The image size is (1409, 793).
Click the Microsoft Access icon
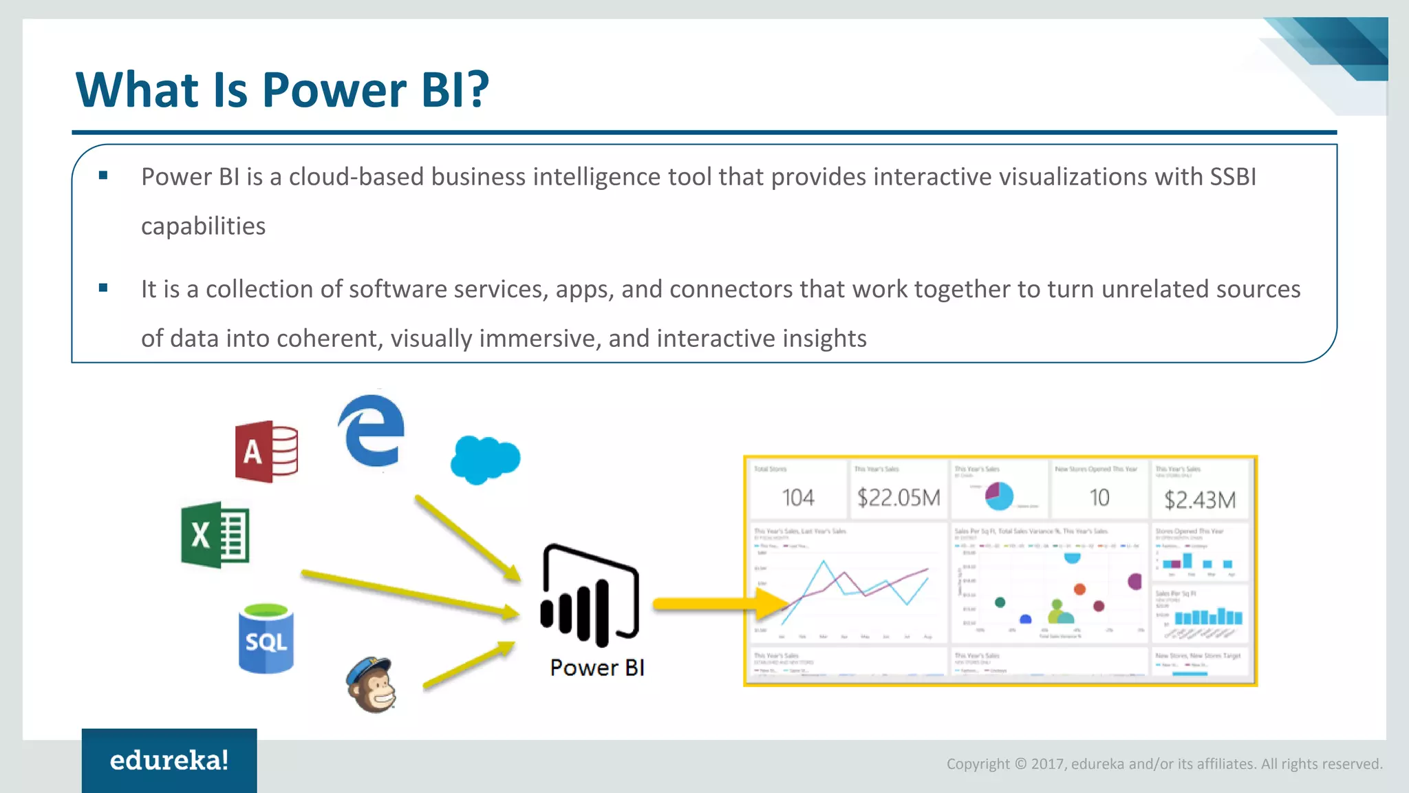click(267, 452)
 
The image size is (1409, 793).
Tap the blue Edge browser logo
click(372, 431)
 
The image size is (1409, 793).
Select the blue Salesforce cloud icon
click(485, 459)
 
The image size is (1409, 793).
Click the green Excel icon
click(215, 535)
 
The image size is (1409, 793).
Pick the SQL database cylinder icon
click(266, 639)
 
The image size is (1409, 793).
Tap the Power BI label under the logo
click(597, 668)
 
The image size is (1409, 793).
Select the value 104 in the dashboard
click(798, 498)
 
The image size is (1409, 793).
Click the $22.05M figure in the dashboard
click(899, 498)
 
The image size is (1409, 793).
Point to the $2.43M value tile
click(1200, 500)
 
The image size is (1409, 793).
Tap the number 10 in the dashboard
click(1099, 498)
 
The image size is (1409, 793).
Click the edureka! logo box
click(169, 760)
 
